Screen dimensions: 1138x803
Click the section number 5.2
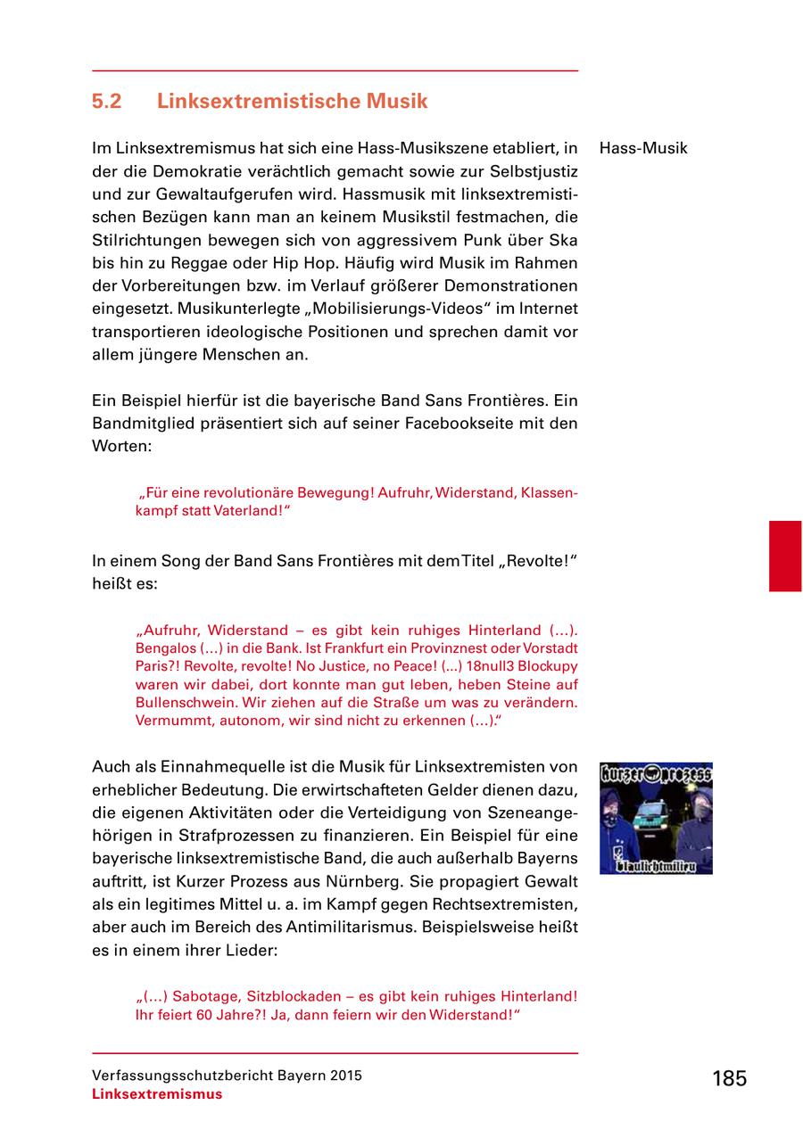click(x=106, y=102)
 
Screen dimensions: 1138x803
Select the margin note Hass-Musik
click(x=643, y=148)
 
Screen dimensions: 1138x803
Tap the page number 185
click(x=729, y=1078)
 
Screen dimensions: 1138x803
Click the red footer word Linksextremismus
click(x=157, y=1094)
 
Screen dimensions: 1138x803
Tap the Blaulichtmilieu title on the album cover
click(x=662, y=864)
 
